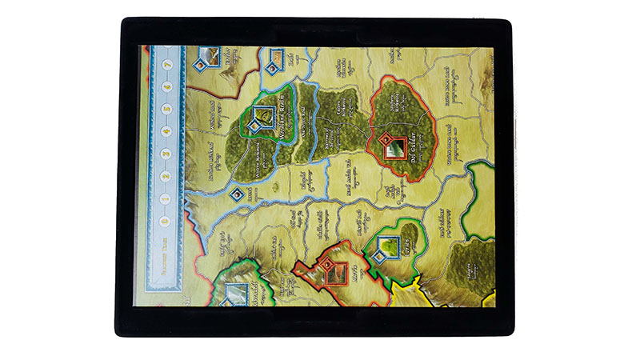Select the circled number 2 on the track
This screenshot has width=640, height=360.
(x=164, y=174)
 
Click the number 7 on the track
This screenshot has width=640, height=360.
(x=166, y=66)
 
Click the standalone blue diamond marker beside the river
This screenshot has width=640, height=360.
(x=237, y=194)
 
